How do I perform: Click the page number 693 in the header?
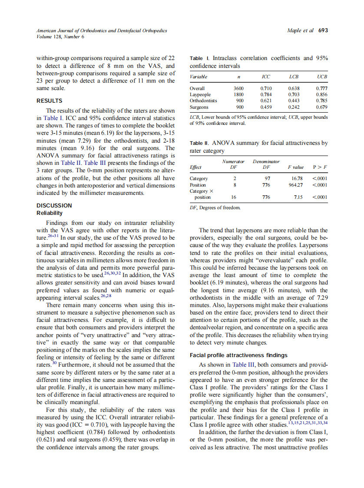323,31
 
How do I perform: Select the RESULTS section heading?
49,101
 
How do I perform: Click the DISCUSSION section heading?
54,205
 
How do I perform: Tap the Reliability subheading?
50,213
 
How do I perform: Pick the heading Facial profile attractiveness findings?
238,355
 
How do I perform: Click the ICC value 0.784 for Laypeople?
266,94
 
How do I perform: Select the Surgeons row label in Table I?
199,107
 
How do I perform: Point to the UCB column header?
322,77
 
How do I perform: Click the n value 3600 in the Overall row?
238,88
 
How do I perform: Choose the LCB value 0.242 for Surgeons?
294,107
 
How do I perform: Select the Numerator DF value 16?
234,197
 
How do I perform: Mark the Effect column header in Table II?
196,167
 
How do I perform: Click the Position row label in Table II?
199,185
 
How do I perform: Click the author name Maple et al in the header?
300,31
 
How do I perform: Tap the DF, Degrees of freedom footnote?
215,208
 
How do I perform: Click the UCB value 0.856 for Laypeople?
322,94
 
